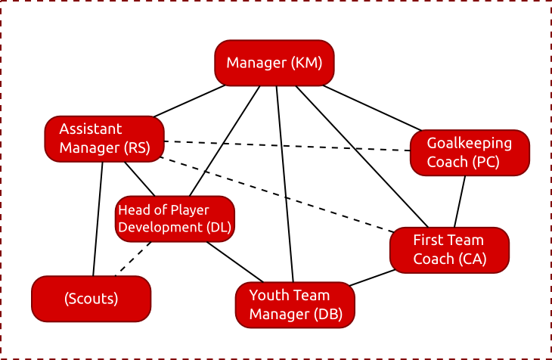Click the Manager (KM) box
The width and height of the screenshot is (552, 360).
(x=274, y=63)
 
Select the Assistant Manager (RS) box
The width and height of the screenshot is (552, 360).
(x=104, y=138)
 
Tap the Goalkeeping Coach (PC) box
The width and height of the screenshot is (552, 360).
(x=469, y=153)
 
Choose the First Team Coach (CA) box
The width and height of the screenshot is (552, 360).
(x=449, y=250)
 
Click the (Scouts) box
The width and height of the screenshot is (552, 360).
(x=91, y=298)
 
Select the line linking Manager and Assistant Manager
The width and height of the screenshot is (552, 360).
(x=189, y=101)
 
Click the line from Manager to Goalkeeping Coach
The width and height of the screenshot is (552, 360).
(x=371, y=107)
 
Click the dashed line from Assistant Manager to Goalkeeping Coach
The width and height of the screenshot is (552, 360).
(x=287, y=146)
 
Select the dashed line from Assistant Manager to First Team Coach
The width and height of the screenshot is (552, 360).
(x=280, y=194)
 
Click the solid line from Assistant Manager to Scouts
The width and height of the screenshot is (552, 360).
(x=98, y=219)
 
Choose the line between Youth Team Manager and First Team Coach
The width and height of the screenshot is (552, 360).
(x=371, y=277)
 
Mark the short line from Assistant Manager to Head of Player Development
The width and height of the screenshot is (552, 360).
(x=140, y=178)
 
